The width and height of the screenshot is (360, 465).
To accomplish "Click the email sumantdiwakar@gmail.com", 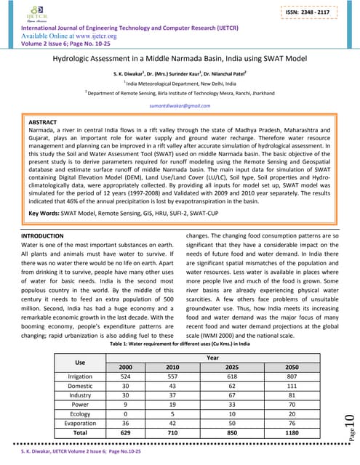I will [x=180, y=105].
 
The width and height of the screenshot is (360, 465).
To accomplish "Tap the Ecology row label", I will [x=80, y=411].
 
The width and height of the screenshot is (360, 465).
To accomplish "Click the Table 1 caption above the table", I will [x=180, y=344].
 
